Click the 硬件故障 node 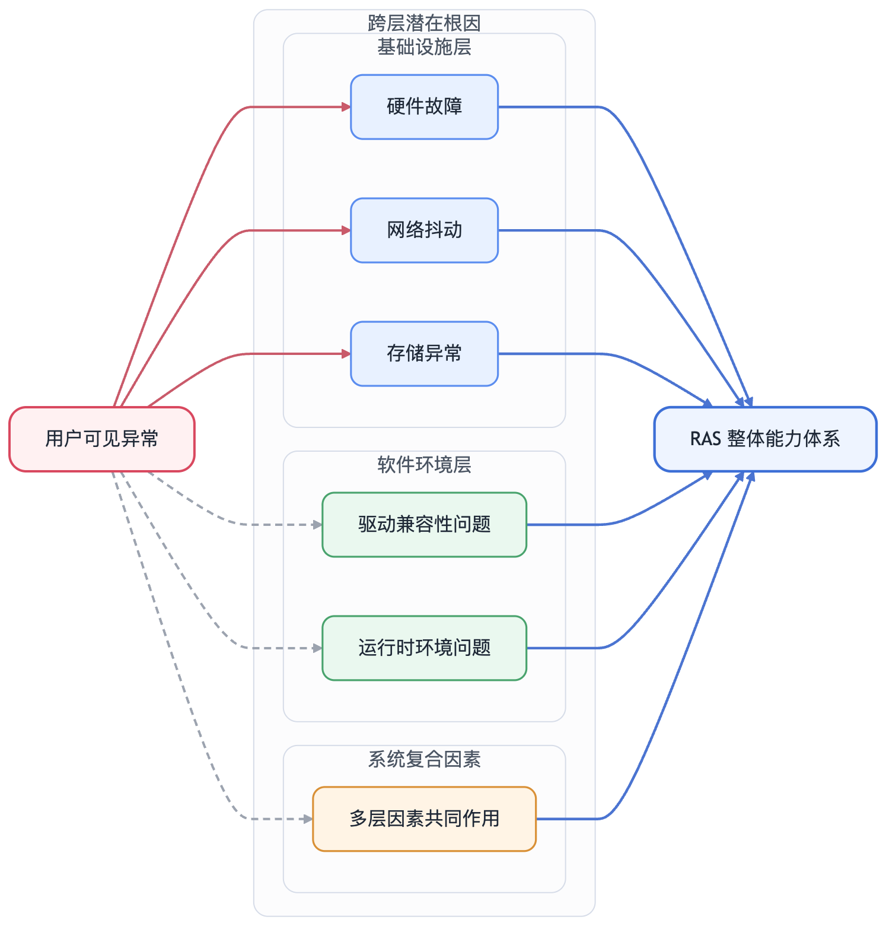click(424, 107)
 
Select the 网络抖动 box click(424, 230)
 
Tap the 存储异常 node click(424, 354)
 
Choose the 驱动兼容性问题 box click(424, 525)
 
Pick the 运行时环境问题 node click(424, 648)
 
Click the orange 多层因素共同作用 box click(424, 819)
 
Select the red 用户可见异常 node click(102, 439)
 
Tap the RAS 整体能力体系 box click(765, 439)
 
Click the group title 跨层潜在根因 click(424, 23)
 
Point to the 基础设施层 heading click(424, 47)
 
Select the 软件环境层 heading click(424, 465)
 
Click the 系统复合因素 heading click(424, 759)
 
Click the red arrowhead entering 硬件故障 click(346, 107)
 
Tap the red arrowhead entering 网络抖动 click(346, 230)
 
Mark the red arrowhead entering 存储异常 click(346, 354)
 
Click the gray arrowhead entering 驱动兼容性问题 click(318, 525)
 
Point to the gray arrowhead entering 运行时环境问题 click(318, 648)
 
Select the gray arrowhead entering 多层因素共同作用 click(308, 819)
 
